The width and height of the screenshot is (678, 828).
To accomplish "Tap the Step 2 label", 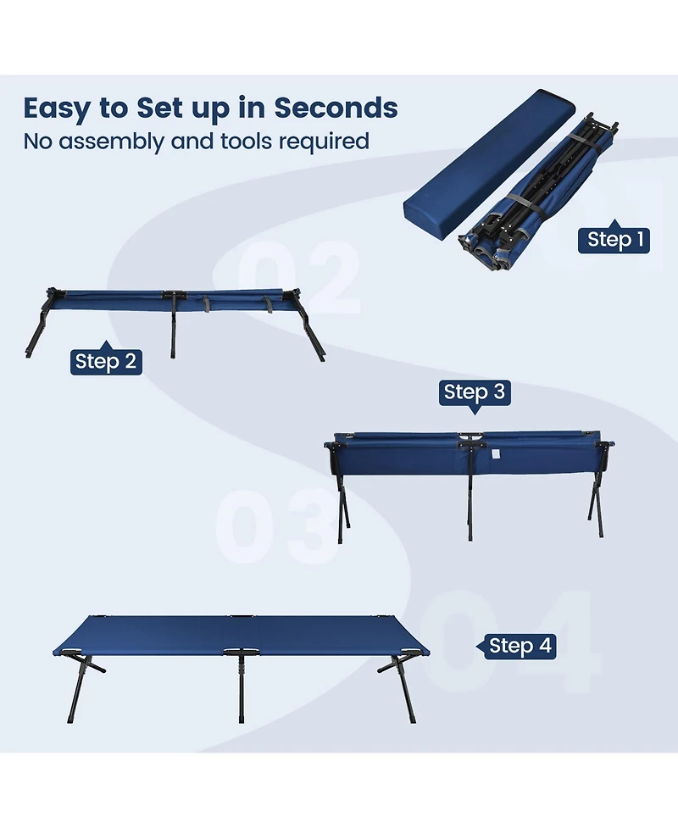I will pos(105,361).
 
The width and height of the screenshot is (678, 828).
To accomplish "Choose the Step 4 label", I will pos(520,646).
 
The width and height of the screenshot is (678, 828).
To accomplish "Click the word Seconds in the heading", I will pos(336,108).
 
